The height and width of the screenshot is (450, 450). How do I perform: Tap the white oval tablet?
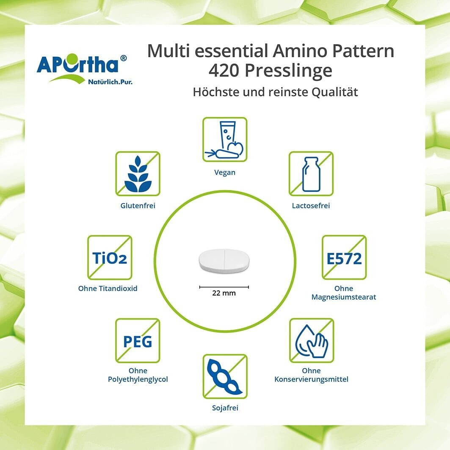pyautogui.click(x=224, y=260)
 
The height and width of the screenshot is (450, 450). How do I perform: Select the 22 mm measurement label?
pyautogui.click(x=224, y=293)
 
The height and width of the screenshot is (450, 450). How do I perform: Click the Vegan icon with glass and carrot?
pyautogui.click(x=225, y=139)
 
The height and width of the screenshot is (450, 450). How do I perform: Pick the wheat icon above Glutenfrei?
pyautogui.click(x=138, y=174)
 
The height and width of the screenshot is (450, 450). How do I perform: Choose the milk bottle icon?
pyautogui.click(x=311, y=174)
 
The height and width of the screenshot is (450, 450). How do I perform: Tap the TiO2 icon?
pyautogui.click(x=110, y=257)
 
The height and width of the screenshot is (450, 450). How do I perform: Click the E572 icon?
pyautogui.click(x=344, y=257)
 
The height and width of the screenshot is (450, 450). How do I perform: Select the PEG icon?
pyautogui.click(x=138, y=341)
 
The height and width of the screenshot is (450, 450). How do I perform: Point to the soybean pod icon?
pyautogui.click(x=225, y=376)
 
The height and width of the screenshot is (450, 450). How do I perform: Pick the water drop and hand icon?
pyautogui.click(x=312, y=341)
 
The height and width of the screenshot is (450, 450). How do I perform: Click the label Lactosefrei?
pyautogui.click(x=311, y=205)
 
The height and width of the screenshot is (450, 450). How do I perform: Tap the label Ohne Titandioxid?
pyautogui.click(x=108, y=288)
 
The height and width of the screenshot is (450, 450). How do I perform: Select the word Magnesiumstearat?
pyautogui.click(x=344, y=297)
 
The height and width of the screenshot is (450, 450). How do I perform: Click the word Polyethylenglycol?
pyautogui.click(x=138, y=379)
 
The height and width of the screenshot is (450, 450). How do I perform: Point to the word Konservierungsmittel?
pyautogui.click(x=312, y=379)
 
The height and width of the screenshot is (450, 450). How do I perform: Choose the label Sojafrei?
pyautogui.click(x=225, y=408)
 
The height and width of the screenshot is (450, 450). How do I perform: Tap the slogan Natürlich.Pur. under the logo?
pyautogui.click(x=110, y=82)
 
